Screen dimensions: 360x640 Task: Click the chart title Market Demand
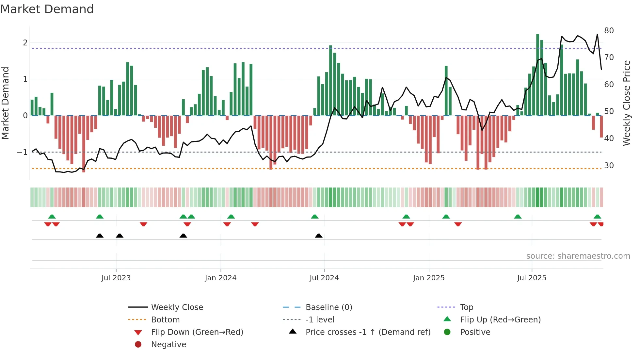tap(47, 9)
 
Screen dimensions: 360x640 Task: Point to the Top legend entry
tap(466, 307)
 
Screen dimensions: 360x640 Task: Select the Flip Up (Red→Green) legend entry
tap(500, 319)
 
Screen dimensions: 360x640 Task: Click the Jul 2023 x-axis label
tap(116, 278)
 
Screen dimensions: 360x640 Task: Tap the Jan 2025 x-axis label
tap(428, 278)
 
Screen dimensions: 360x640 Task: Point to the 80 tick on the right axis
tap(609, 30)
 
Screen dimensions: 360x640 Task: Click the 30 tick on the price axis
tap(609, 165)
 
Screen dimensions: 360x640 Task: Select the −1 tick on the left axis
tap(22, 152)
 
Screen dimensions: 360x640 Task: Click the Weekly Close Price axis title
tap(626, 103)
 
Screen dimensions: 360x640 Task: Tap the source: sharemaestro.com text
tap(578, 256)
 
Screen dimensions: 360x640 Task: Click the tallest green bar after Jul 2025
tap(537, 75)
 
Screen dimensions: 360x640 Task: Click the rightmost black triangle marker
tap(319, 236)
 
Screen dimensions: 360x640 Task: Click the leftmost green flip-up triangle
tap(52, 216)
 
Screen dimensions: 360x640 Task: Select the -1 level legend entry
tap(320, 319)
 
